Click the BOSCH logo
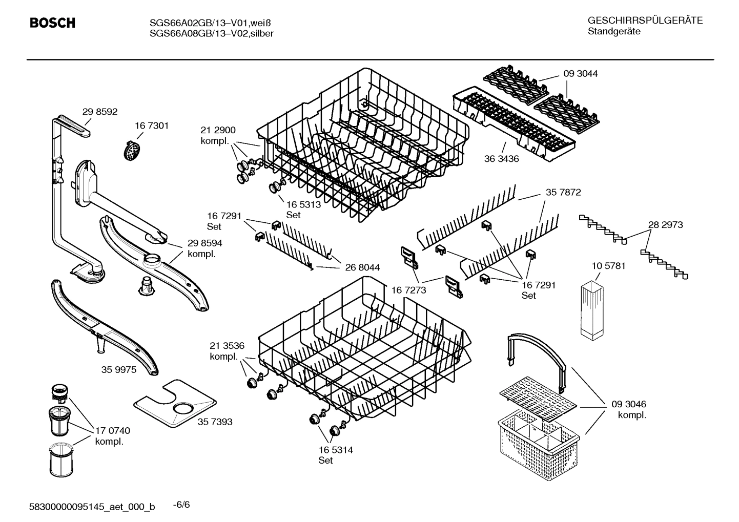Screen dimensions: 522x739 coord(52,23)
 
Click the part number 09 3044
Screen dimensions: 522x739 coord(580,74)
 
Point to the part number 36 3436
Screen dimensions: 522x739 coord(501,159)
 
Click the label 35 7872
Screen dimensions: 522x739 coord(563,193)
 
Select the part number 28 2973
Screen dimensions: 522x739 coord(665,225)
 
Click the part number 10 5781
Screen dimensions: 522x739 coord(608,266)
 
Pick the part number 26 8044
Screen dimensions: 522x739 coord(362,267)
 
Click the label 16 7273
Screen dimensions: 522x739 coord(408,290)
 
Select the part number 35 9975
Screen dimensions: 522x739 coord(118,369)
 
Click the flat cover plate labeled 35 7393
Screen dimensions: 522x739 coord(174,405)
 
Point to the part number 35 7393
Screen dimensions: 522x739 coord(215,422)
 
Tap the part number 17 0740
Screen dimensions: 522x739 coord(113,431)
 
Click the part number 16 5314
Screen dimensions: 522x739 coord(336,450)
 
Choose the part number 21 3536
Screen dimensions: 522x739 coord(227,345)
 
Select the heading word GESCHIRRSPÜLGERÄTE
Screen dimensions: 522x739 coord(645,20)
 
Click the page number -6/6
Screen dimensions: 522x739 coord(181,505)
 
